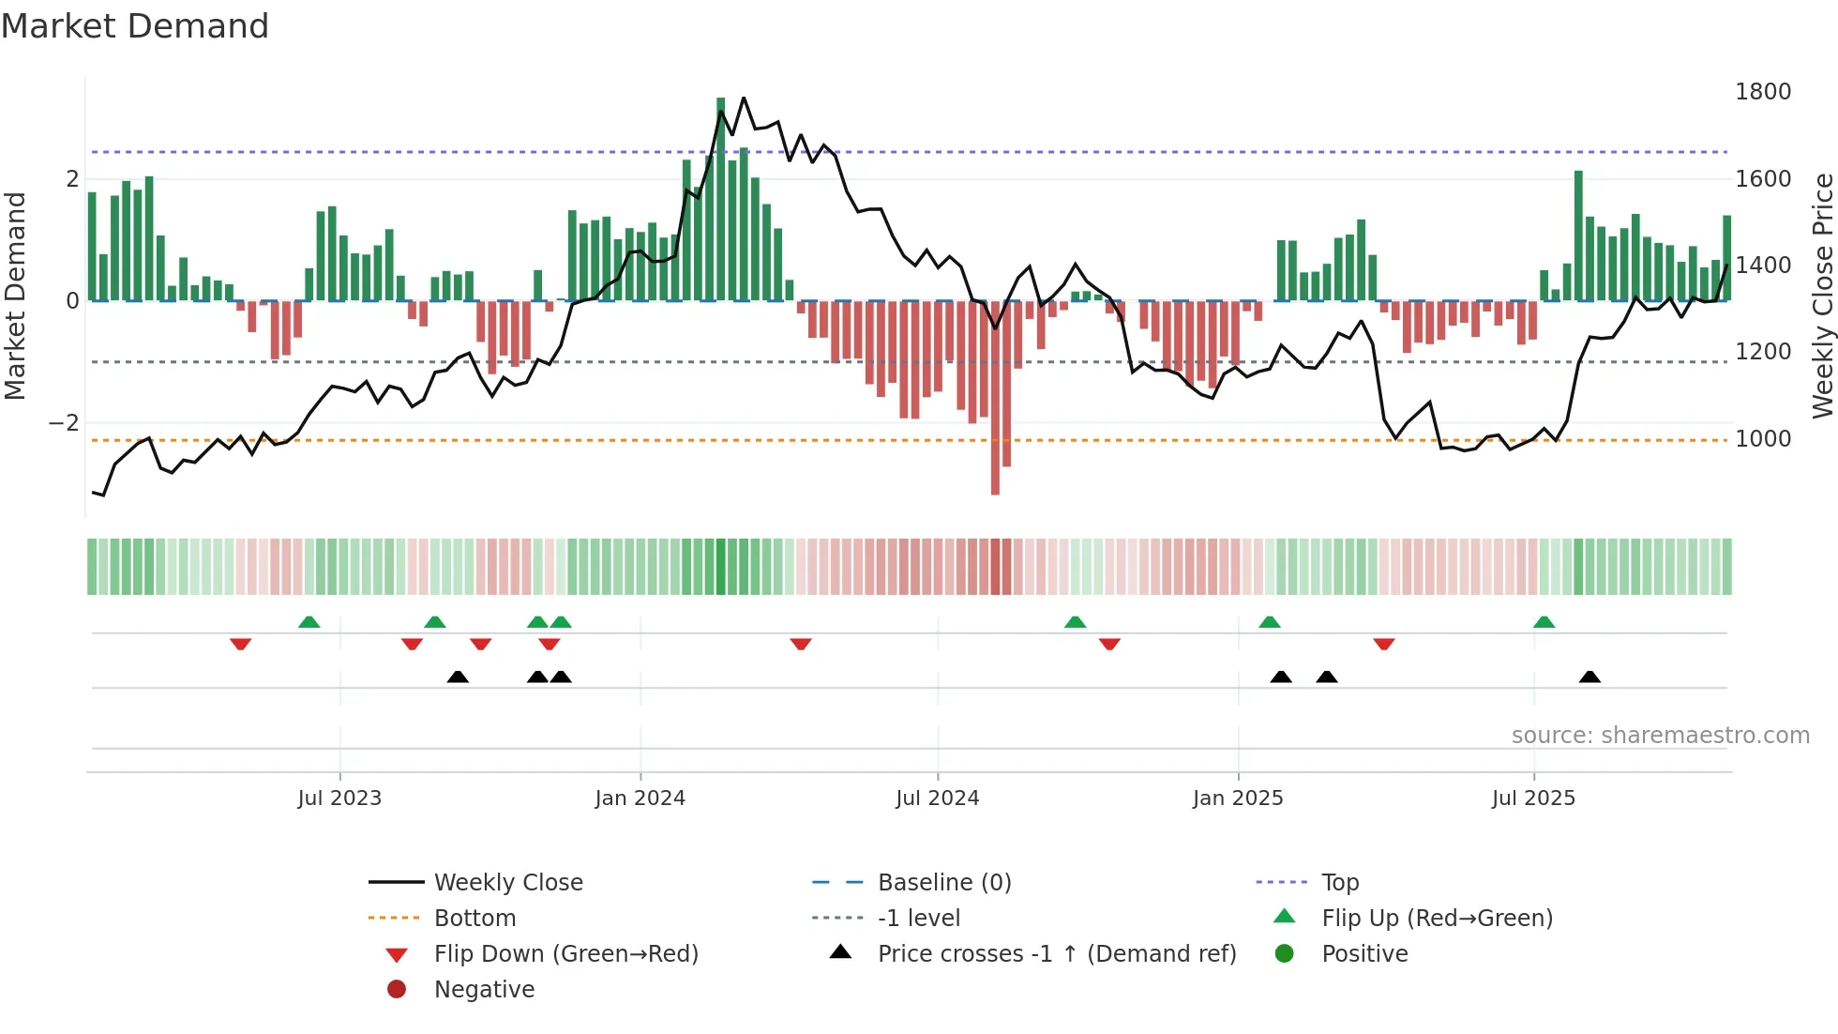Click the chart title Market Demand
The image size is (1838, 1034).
[135, 26]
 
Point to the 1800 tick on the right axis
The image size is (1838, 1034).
[1762, 92]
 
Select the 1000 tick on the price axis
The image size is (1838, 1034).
[1762, 439]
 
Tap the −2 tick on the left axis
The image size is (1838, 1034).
[64, 423]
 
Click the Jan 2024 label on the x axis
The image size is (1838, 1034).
[640, 798]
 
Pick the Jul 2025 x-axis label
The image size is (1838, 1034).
[1533, 798]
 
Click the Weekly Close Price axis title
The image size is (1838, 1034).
[1822, 296]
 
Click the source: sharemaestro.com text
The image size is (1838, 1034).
[1660, 736]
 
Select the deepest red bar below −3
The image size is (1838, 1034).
[995, 403]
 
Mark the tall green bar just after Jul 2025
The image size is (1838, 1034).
[1578, 235]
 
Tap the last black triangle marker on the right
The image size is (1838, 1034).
[1589, 677]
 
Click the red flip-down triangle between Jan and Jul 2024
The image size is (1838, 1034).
[800, 644]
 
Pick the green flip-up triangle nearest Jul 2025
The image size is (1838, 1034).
[1544, 622]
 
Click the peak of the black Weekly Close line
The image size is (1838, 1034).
[744, 98]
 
